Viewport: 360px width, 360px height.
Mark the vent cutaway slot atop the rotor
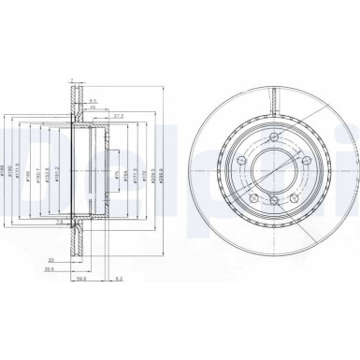point(270,94)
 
